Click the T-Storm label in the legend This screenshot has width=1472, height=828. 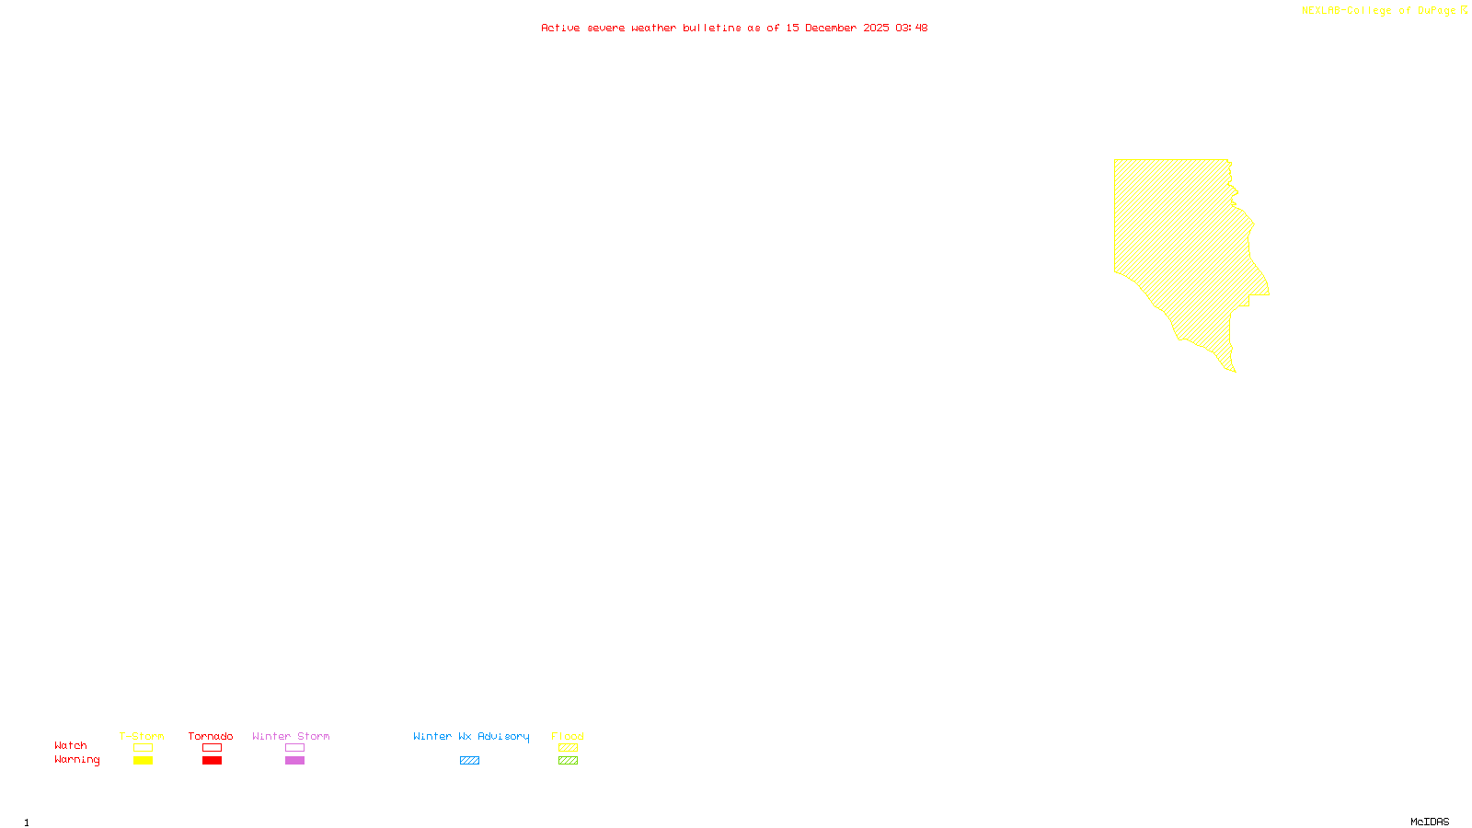click(x=142, y=736)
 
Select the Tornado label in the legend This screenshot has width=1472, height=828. click(x=211, y=736)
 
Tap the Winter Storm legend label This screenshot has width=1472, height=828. click(x=291, y=736)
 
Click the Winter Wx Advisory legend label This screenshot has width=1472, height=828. click(x=471, y=736)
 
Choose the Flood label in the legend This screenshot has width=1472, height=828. click(x=568, y=736)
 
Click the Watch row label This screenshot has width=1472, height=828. click(x=71, y=745)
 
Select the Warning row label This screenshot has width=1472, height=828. click(x=77, y=760)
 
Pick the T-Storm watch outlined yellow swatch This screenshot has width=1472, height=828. click(x=143, y=748)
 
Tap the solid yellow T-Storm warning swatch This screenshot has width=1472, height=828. click(x=143, y=761)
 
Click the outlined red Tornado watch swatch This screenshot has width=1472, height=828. click(x=212, y=748)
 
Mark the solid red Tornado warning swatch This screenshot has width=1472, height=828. click(x=212, y=761)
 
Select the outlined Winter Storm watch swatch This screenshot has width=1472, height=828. click(x=294, y=748)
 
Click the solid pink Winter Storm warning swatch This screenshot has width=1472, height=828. click(x=294, y=761)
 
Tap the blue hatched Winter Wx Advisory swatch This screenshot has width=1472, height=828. click(x=469, y=761)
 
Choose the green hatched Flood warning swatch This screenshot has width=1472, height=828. click(x=568, y=761)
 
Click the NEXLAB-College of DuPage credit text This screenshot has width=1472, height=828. click(x=1379, y=11)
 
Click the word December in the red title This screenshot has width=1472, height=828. click(x=831, y=28)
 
